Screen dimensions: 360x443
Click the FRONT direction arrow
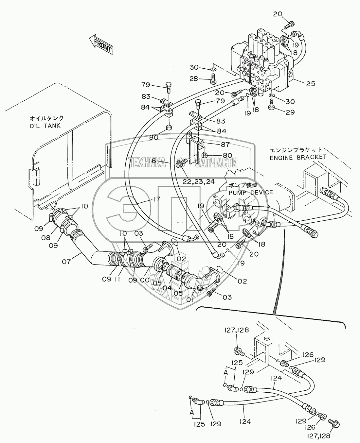point(101,44)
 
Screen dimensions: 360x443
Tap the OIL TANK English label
point(45,126)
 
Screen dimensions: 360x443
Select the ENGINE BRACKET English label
point(298,158)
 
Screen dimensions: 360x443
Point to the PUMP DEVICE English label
point(251,192)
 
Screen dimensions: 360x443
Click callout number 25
point(311,84)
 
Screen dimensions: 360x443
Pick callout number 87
point(225,144)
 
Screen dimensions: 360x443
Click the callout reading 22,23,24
point(199,181)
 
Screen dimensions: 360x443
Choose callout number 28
point(194,79)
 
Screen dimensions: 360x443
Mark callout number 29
point(290,112)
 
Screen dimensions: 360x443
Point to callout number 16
point(152,161)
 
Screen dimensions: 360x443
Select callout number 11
point(117,279)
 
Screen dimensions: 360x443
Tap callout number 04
point(167,288)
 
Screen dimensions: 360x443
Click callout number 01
point(190,300)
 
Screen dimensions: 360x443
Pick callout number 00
point(145,280)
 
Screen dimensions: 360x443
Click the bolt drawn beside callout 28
point(213,79)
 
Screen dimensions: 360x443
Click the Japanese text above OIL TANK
point(46,118)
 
